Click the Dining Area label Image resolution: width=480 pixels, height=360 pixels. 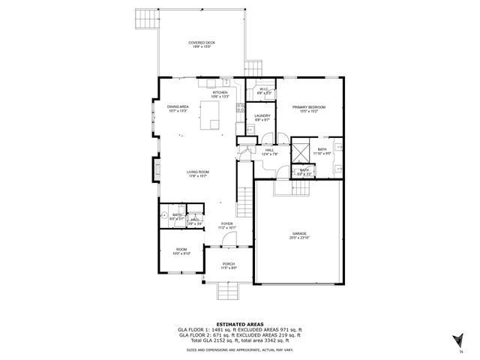click(178, 109)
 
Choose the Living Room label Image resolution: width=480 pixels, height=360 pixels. click(198, 173)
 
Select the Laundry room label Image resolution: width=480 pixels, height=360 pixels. click(262, 117)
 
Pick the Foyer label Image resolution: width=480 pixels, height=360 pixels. click(226, 225)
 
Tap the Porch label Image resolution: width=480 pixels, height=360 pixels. click(229, 265)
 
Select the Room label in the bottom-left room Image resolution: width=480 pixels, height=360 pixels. click(181, 251)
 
